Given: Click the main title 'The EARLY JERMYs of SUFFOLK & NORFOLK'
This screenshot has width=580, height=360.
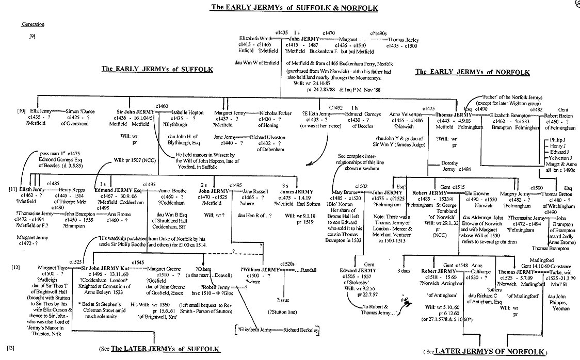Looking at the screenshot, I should (x=294, y=8).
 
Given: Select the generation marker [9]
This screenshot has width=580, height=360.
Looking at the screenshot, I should (x=33, y=37).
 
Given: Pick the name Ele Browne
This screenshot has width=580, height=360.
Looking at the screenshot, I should (x=476, y=192).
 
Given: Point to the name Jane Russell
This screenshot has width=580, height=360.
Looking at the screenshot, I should (x=256, y=190).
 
